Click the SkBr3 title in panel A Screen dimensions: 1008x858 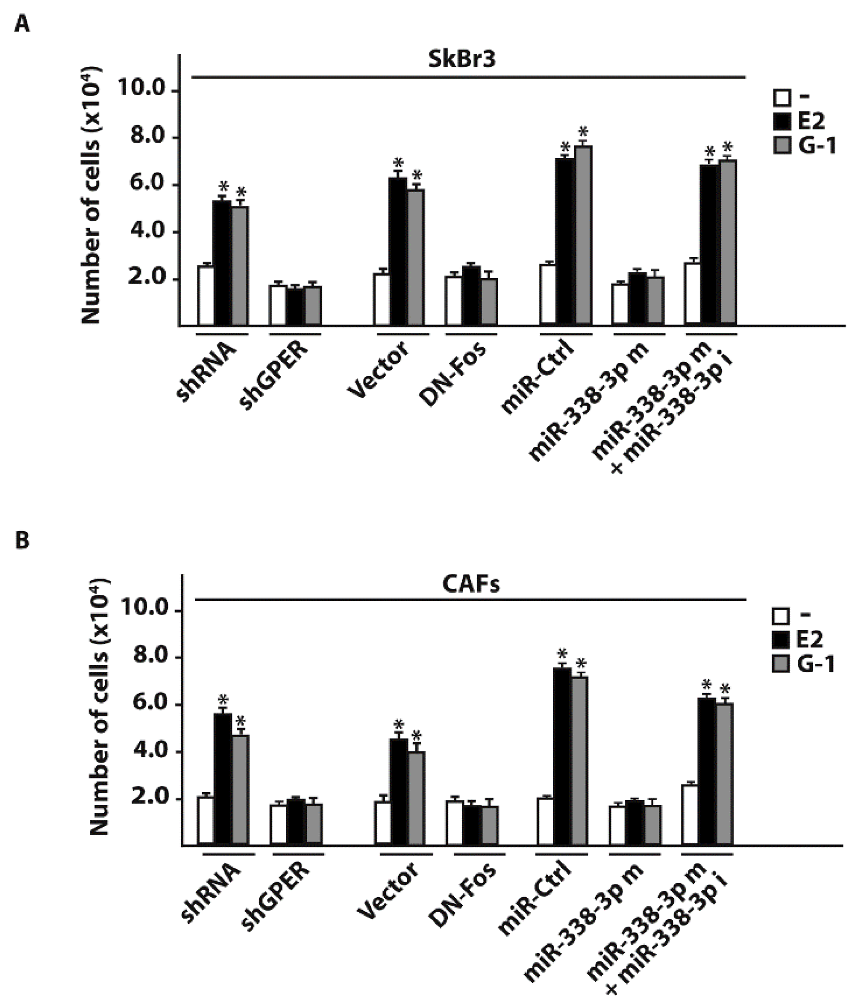(x=461, y=60)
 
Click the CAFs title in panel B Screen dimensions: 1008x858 (x=470, y=584)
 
